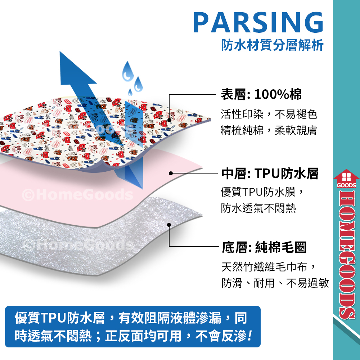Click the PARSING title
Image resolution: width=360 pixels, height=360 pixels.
click(258, 22)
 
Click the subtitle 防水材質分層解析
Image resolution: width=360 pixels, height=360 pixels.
click(272, 45)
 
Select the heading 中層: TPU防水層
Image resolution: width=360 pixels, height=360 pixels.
click(270, 174)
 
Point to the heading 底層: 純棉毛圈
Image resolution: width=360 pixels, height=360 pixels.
click(264, 247)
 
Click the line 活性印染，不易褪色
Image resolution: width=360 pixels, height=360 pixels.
click(269, 114)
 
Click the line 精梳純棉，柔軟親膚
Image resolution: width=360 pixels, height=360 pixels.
click(269, 130)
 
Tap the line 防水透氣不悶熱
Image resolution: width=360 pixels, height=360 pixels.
click(258, 208)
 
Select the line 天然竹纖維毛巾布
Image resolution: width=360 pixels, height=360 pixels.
click(264, 267)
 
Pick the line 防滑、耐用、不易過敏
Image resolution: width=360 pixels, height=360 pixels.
click(275, 283)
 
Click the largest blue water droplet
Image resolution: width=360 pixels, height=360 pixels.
click(128, 71)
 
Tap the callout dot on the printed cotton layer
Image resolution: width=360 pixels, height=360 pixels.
click(170, 120)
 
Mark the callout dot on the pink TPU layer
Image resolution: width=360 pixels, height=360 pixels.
click(171, 174)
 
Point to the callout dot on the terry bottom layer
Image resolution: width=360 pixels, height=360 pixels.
click(169, 225)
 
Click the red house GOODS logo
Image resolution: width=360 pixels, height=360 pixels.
click(346, 179)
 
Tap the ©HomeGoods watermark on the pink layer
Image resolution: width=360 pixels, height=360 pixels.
click(78, 195)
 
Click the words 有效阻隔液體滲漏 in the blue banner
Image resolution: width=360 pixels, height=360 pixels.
click(170, 318)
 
